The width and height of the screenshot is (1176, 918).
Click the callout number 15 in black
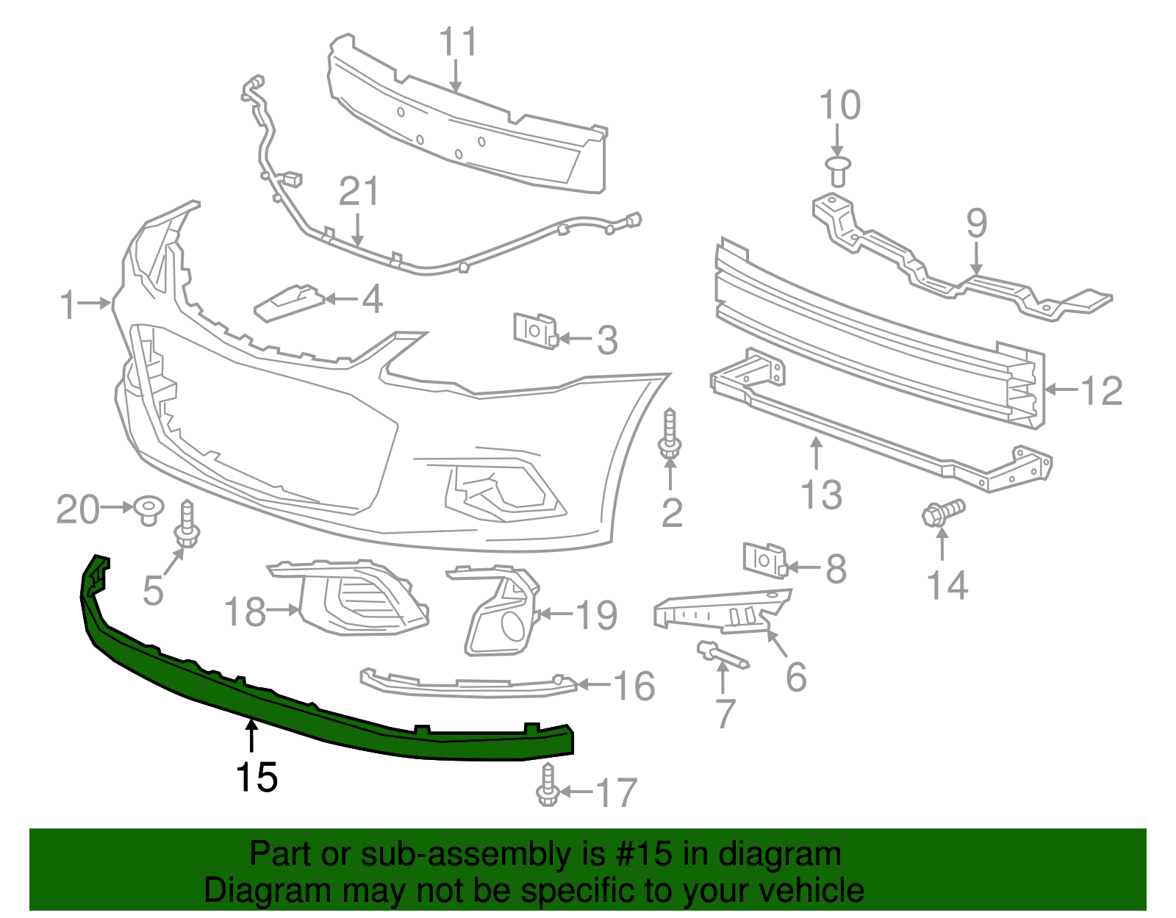point(257,778)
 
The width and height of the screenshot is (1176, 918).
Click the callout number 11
point(458,43)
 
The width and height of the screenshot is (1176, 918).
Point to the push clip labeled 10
point(838,171)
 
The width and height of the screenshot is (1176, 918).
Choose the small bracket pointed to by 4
point(290,301)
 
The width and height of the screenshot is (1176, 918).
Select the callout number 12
point(1101,390)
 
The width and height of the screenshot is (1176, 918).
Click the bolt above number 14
point(943,512)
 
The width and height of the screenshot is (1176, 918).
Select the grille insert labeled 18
point(360,598)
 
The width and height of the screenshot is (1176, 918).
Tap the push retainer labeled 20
point(149,509)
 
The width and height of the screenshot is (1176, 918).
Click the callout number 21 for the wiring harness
point(359,193)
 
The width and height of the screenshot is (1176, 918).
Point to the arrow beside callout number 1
point(96,302)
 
